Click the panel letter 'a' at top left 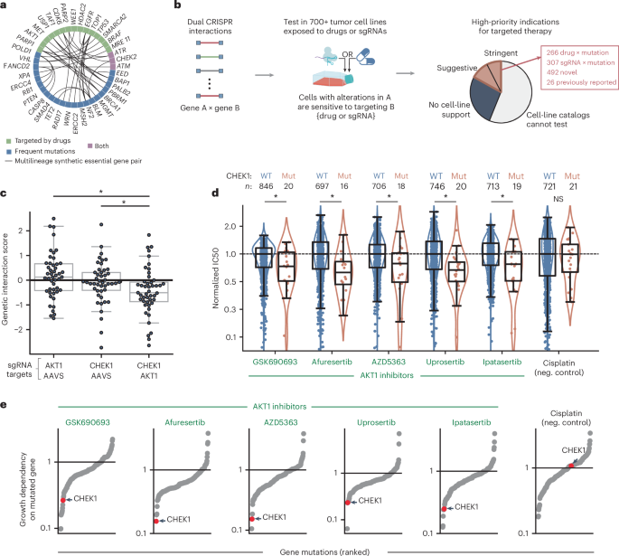(x=5, y=6)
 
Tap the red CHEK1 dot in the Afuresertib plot (x=159, y=521)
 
